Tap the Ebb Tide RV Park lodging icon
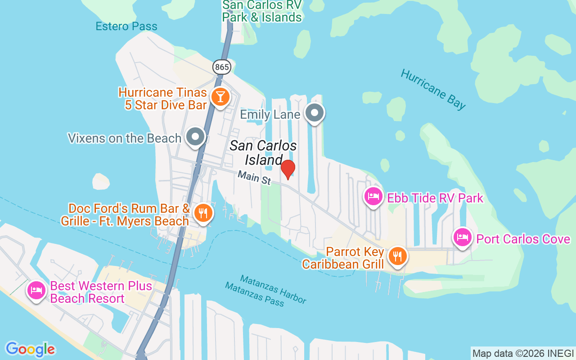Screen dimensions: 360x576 click(x=373, y=197)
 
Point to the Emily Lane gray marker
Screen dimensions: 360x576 click(x=315, y=113)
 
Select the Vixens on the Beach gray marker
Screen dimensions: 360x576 click(x=196, y=137)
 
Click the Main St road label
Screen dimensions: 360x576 click(x=254, y=177)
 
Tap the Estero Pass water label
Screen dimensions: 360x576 click(x=126, y=27)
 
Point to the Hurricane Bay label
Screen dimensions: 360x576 click(x=433, y=89)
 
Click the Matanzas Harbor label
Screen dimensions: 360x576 click(x=273, y=289)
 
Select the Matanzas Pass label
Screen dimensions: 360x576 click(x=255, y=294)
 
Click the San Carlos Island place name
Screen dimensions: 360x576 click(x=263, y=153)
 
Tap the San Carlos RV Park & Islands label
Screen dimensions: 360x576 click(x=262, y=11)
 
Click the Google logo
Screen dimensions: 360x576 click(x=30, y=349)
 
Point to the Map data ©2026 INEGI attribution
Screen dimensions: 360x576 click(x=523, y=353)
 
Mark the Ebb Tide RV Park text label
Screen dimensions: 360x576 click(x=435, y=198)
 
